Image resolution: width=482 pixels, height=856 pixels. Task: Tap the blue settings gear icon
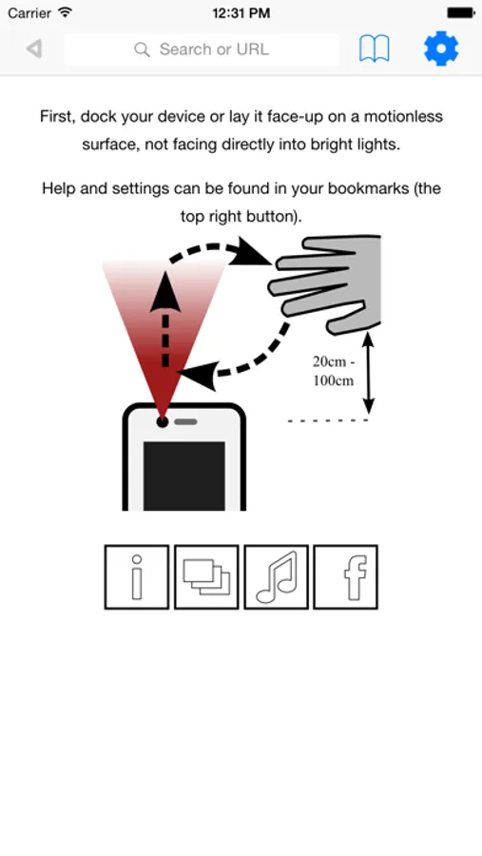(x=441, y=49)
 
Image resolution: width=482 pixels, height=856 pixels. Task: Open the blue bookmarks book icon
(x=375, y=49)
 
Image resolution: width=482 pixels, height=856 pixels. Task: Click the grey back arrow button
(x=34, y=49)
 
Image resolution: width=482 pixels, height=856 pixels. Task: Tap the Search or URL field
(x=202, y=49)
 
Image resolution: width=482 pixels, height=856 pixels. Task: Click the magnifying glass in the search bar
(x=142, y=49)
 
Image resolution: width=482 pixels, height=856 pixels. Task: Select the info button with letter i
(x=137, y=576)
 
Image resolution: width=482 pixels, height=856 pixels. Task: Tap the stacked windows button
(x=206, y=576)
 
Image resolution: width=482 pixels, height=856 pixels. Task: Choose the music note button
(x=277, y=576)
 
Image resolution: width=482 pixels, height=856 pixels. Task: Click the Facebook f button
(x=345, y=576)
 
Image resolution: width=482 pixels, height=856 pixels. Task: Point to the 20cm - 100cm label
(x=333, y=371)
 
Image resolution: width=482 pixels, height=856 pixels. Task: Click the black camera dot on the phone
(x=163, y=421)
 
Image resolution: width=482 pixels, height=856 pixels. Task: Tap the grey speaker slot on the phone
(x=185, y=422)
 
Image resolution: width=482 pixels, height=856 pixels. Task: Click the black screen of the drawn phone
(x=184, y=477)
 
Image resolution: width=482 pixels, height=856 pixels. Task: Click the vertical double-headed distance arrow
(x=369, y=372)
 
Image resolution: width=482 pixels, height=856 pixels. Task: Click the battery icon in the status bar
(x=461, y=12)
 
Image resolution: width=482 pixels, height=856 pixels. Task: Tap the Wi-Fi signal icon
(x=66, y=12)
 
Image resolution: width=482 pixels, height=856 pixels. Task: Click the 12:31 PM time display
(x=241, y=13)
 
